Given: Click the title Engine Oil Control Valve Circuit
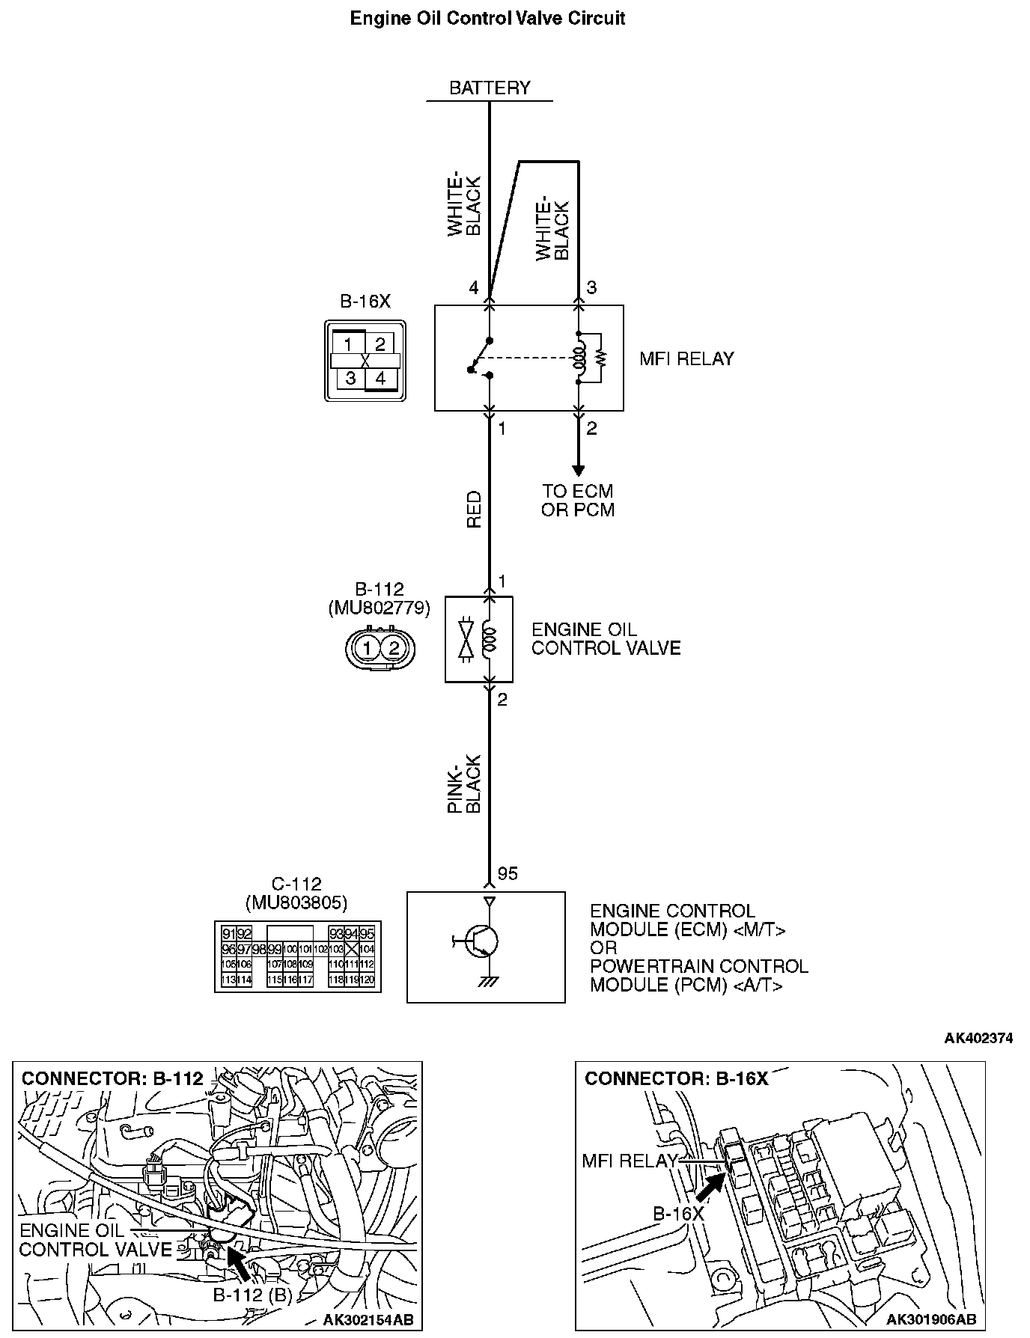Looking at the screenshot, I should coord(487,19).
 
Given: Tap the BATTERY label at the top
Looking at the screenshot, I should coord(490,88).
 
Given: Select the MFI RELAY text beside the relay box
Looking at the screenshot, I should coord(686,359).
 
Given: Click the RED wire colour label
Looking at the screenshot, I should coord(474,510).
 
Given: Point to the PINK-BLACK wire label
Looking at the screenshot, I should coord(464,783).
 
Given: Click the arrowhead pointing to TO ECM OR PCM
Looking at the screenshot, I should coord(578,470).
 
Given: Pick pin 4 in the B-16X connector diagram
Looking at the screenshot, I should coord(380,378).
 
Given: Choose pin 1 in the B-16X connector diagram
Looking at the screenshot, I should coord(348,343).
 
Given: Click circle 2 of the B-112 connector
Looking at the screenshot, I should coord(394,648).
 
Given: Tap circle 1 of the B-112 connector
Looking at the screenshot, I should coord(367,648).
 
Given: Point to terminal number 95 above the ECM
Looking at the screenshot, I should coord(508,874).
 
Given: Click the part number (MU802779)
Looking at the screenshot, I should coord(380,608).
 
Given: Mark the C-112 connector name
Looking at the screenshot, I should coord(297,885).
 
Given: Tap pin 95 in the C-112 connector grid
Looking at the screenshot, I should coord(367,934).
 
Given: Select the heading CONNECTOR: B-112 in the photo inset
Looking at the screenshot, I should coord(112,1078).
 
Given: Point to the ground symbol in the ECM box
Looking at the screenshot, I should coord(490,982).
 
